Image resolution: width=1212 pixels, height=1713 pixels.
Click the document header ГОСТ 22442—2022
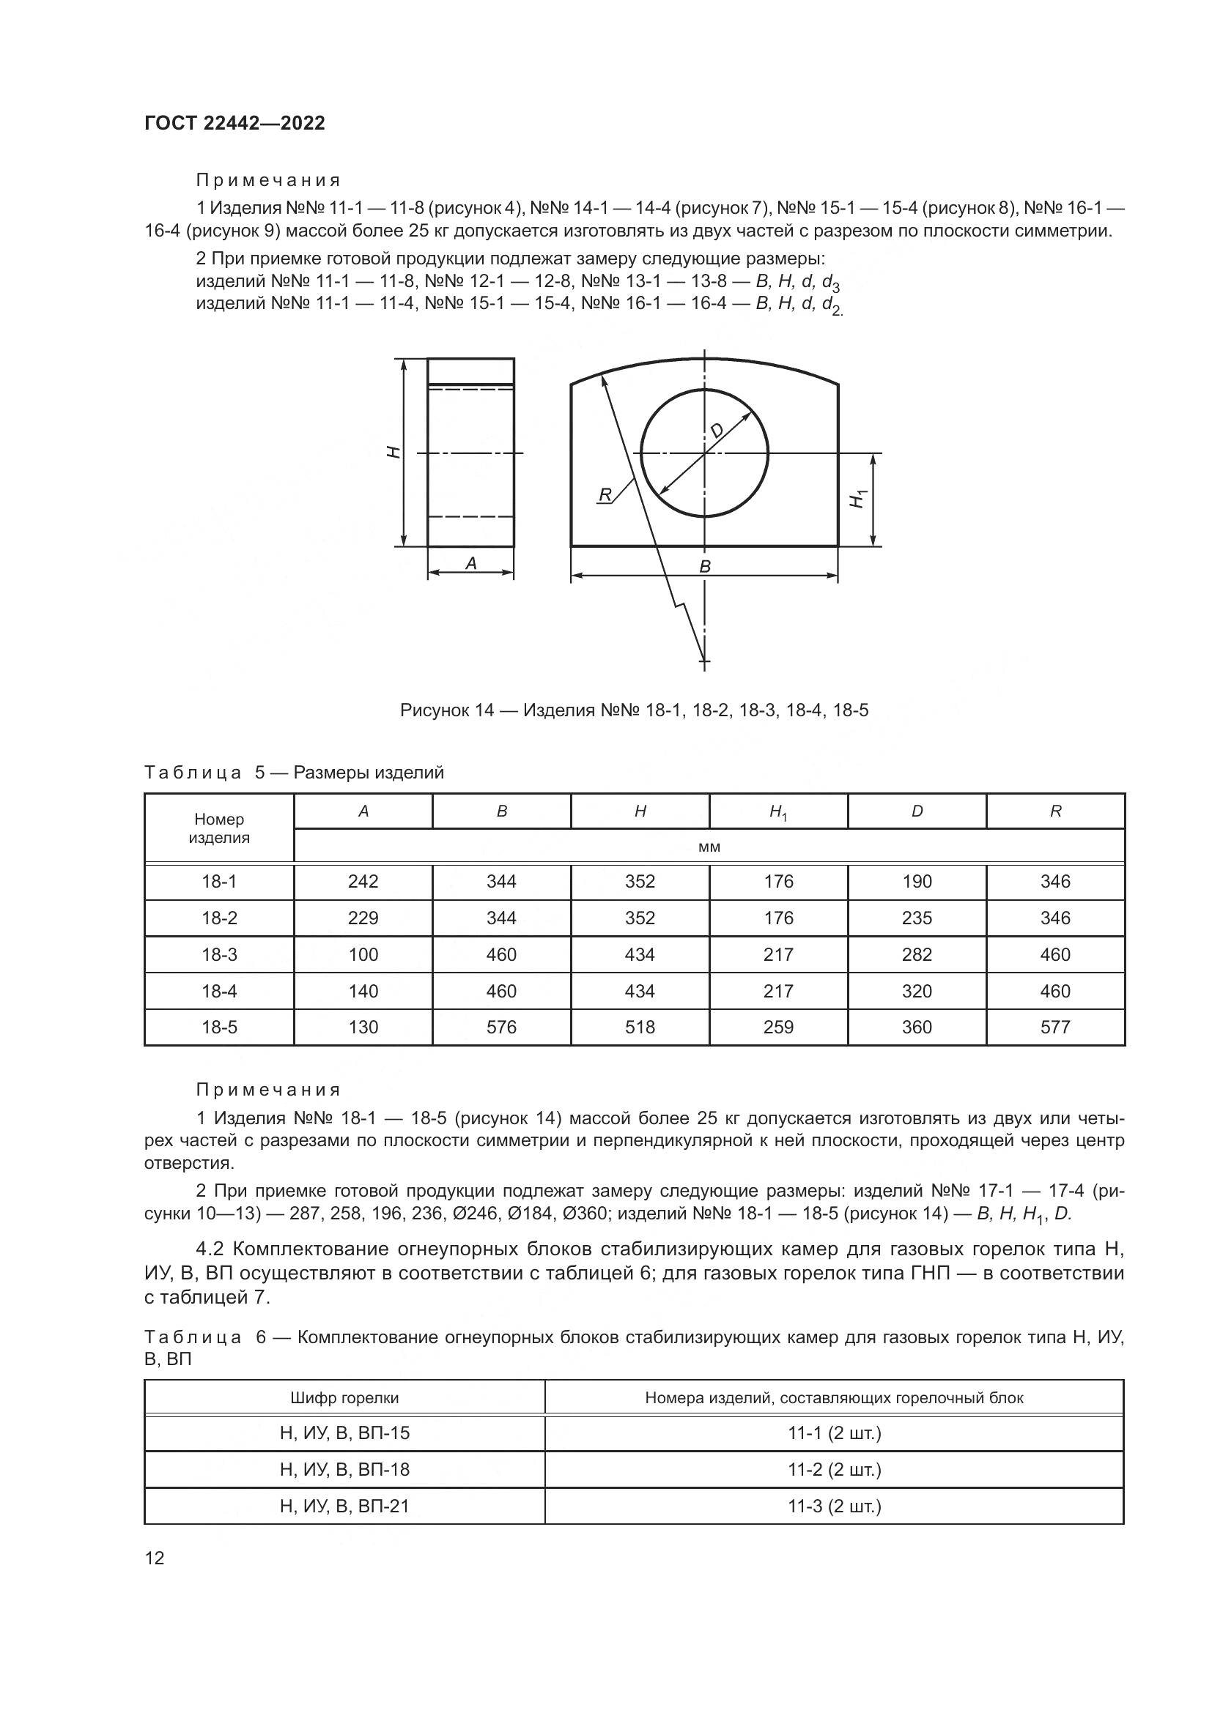234,123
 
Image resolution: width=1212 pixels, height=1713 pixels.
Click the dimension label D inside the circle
717,431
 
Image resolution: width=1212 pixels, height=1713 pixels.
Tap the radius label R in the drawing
605,494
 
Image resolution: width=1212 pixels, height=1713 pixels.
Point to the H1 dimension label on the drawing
858,499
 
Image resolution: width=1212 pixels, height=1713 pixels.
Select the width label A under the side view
471,563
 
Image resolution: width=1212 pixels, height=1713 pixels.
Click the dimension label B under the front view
704,566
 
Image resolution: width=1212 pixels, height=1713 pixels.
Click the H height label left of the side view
394,451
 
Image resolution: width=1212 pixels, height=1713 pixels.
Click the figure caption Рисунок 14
634,710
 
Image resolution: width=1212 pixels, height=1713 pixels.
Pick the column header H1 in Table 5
777,811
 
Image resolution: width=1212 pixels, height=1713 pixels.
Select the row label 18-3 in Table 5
218,954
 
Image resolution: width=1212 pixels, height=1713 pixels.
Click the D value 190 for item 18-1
917,881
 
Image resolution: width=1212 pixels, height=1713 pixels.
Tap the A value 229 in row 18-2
363,918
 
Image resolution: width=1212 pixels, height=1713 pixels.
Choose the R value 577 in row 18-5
1054,1027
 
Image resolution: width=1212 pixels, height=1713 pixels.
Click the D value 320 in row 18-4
917,991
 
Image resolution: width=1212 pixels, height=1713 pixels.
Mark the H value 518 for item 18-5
640,1027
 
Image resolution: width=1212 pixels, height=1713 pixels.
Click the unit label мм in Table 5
709,847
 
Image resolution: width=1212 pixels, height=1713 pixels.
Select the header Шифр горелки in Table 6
344,1397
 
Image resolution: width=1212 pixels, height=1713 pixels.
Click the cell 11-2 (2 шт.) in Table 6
834,1469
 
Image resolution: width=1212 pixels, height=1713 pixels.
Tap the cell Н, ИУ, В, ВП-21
344,1506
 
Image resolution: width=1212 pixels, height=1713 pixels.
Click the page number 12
155,1557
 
